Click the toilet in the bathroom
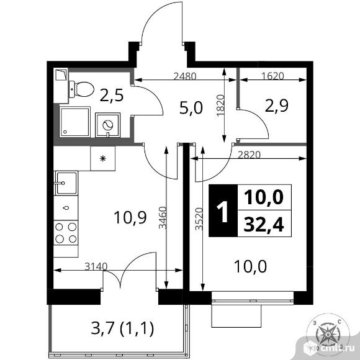click(x=81, y=89)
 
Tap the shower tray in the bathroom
click(x=74, y=122)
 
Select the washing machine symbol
click(x=107, y=125)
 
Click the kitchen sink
click(x=66, y=183)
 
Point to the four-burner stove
click(x=66, y=233)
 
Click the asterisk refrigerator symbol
click(x=103, y=158)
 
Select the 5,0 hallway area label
click(x=191, y=108)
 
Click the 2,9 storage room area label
click(x=277, y=106)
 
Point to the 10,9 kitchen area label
click(x=130, y=217)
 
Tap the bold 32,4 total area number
click(x=264, y=224)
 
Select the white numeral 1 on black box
click(x=223, y=212)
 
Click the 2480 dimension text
click(x=185, y=76)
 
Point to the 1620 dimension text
click(x=272, y=76)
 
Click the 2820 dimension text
click(x=249, y=155)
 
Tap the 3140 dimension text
click(x=96, y=266)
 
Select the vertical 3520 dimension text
click(x=199, y=219)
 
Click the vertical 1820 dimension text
click(x=220, y=105)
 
